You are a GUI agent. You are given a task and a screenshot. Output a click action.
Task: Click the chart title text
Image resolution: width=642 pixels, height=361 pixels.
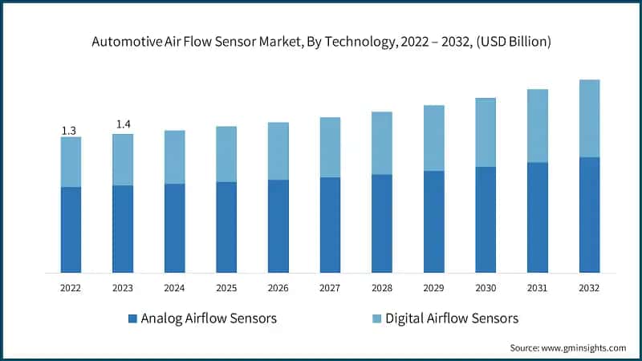click(321, 42)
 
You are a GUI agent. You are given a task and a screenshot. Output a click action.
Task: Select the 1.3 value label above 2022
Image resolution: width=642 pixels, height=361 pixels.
click(71, 130)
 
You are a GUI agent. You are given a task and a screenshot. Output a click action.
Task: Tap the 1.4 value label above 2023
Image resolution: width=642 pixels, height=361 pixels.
click(123, 125)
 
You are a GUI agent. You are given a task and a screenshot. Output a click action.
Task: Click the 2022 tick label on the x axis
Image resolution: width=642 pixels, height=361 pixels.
click(71, 286)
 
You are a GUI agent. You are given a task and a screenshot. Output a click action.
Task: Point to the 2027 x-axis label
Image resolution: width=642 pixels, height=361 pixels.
click(330, 286)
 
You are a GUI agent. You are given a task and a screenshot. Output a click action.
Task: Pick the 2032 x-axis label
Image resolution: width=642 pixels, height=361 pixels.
click(589, 286)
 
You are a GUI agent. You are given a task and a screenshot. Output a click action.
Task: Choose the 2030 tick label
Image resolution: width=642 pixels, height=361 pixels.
click(486, 286)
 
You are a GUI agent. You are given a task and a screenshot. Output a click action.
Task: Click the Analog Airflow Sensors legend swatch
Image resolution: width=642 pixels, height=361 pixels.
click(132, 319)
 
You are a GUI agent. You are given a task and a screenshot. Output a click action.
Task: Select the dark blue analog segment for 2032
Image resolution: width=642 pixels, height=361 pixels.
click(589, 215)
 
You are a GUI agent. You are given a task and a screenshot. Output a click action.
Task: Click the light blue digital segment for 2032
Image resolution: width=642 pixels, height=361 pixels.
click(589, 118)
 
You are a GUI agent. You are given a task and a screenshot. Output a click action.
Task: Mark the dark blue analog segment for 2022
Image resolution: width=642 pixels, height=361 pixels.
click(71, 229)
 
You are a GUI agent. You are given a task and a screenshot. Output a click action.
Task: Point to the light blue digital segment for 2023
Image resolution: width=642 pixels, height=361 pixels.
click(123, 160)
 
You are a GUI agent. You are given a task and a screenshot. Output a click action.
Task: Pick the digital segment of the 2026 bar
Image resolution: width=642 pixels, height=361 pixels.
click(278, 151)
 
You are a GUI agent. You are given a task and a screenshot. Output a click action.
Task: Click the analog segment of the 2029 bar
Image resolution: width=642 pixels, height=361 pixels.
click(433, 221)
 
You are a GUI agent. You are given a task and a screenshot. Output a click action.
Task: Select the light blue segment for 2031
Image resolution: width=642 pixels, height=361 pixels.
click(538, 125)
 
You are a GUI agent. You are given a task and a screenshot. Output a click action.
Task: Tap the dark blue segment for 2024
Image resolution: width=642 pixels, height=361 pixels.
click(174, 228)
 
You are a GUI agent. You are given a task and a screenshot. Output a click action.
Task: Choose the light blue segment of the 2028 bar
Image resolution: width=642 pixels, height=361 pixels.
click(382, 143)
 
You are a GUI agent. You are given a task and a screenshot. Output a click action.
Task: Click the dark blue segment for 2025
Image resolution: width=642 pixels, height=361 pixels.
click(226, 227)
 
